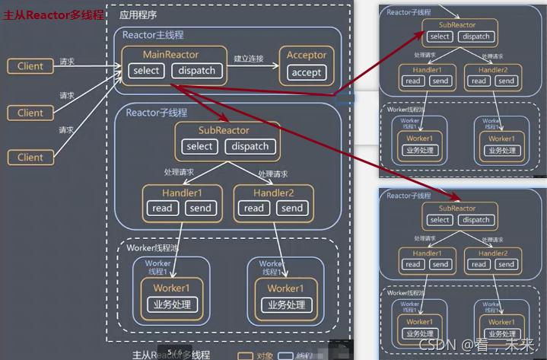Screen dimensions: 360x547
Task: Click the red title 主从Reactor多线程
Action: pos(53,15)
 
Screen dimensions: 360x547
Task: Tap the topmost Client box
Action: pos(30,66)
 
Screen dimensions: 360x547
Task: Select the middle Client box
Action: pos(30,113)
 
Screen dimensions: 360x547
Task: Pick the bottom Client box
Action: pos(30,158)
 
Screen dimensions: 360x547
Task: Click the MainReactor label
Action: pos(170,55)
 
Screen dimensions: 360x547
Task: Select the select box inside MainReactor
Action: pos(146,71)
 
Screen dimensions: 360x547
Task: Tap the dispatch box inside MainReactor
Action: pos(197,71)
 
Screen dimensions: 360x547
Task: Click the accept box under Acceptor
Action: pos(306,73)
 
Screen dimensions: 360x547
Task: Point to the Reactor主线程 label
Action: pos(154,35)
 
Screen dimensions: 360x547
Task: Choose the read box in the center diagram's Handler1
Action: pos(162,208)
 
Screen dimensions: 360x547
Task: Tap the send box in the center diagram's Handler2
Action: pos(291,208)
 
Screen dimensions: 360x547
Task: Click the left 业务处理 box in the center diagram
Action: pos(171,304)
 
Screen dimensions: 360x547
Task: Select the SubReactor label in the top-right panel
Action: pos(457,25)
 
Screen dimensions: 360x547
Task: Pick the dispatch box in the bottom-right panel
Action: pos(476,220)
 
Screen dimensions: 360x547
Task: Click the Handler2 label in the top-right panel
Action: pos(493,69)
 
